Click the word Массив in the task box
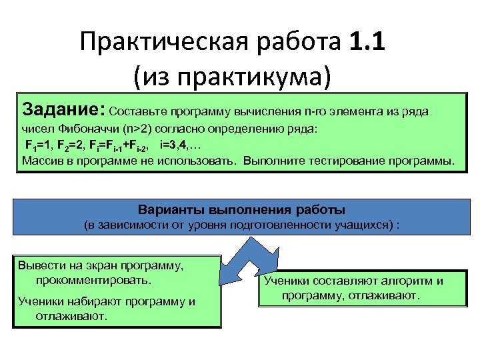click(42, 161)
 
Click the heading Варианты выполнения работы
click(241, 210)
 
